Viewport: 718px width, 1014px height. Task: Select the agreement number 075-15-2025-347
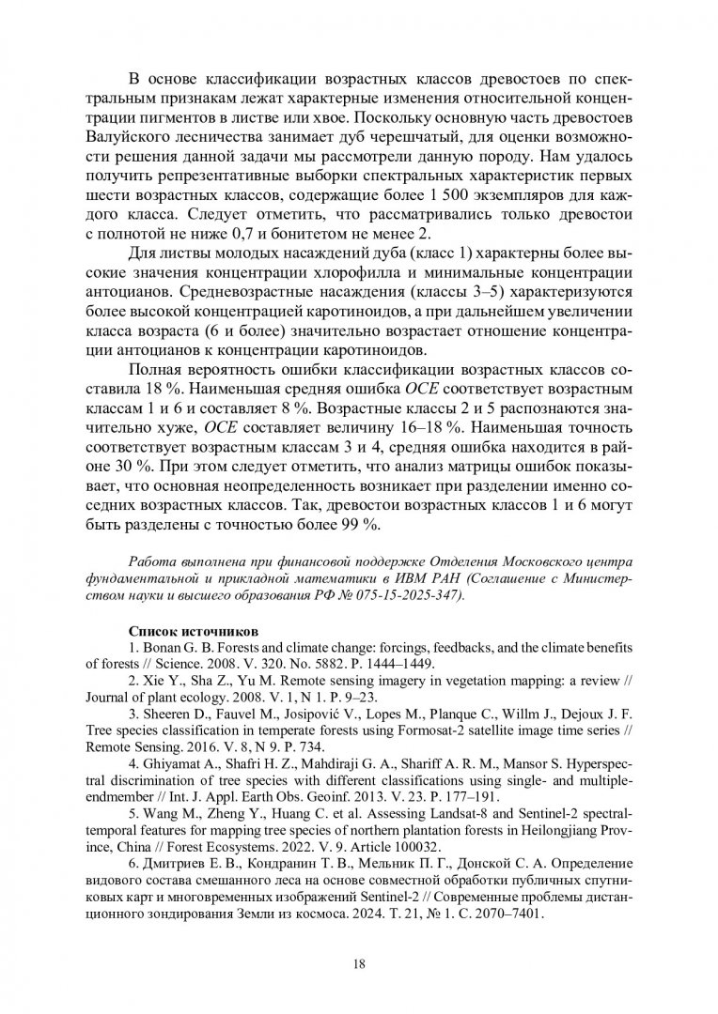pyautogui.click(x=409, y=595)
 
